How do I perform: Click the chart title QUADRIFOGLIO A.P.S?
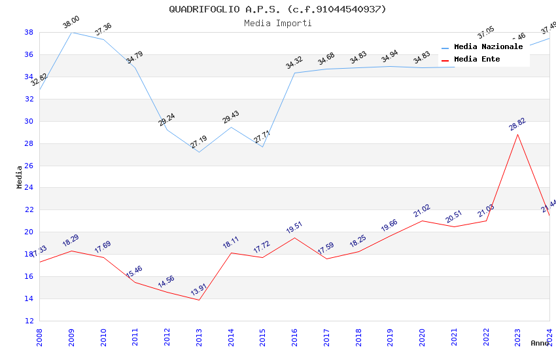[277, 9]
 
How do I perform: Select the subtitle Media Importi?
[277, 23]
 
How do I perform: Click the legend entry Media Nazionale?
[488, 46]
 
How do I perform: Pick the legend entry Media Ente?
[477, 59]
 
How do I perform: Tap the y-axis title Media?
[20, 177]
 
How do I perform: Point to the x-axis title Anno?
[540, 343]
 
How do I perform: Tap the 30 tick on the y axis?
[29, 121]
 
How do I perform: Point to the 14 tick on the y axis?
[29, 298]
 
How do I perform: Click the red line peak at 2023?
[517, 134]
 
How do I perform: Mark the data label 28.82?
[517, 124]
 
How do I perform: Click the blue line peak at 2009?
[71, 32]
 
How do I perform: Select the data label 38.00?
[71, 24]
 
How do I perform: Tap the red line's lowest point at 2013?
[199, 300]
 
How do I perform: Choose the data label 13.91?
[199, 290]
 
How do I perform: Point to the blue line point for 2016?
[294, 73]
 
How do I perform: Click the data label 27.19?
[199, 141]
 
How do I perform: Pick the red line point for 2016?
[294, 238]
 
